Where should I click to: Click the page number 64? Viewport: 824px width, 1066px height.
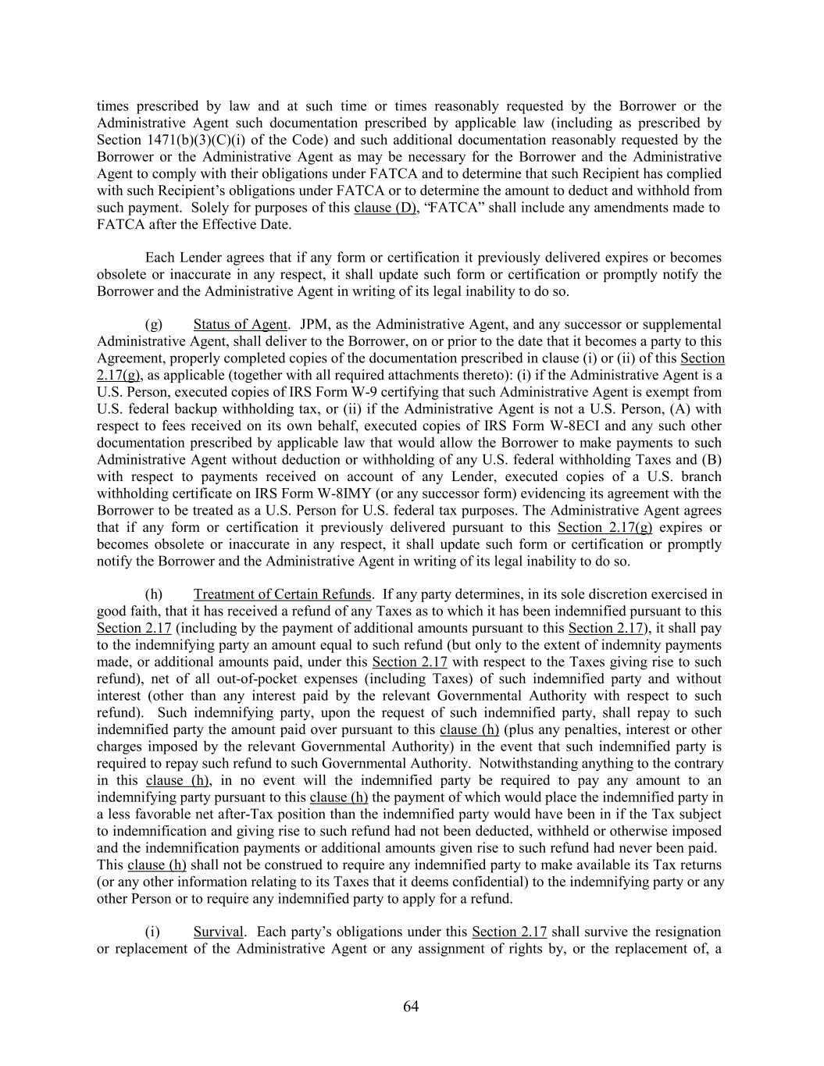[411, 1007]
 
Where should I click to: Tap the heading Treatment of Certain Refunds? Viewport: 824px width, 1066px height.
[282, 594]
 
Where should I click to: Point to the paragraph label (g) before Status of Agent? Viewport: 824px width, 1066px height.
[154, 324]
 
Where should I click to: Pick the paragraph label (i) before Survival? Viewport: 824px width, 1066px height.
[153, 932]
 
